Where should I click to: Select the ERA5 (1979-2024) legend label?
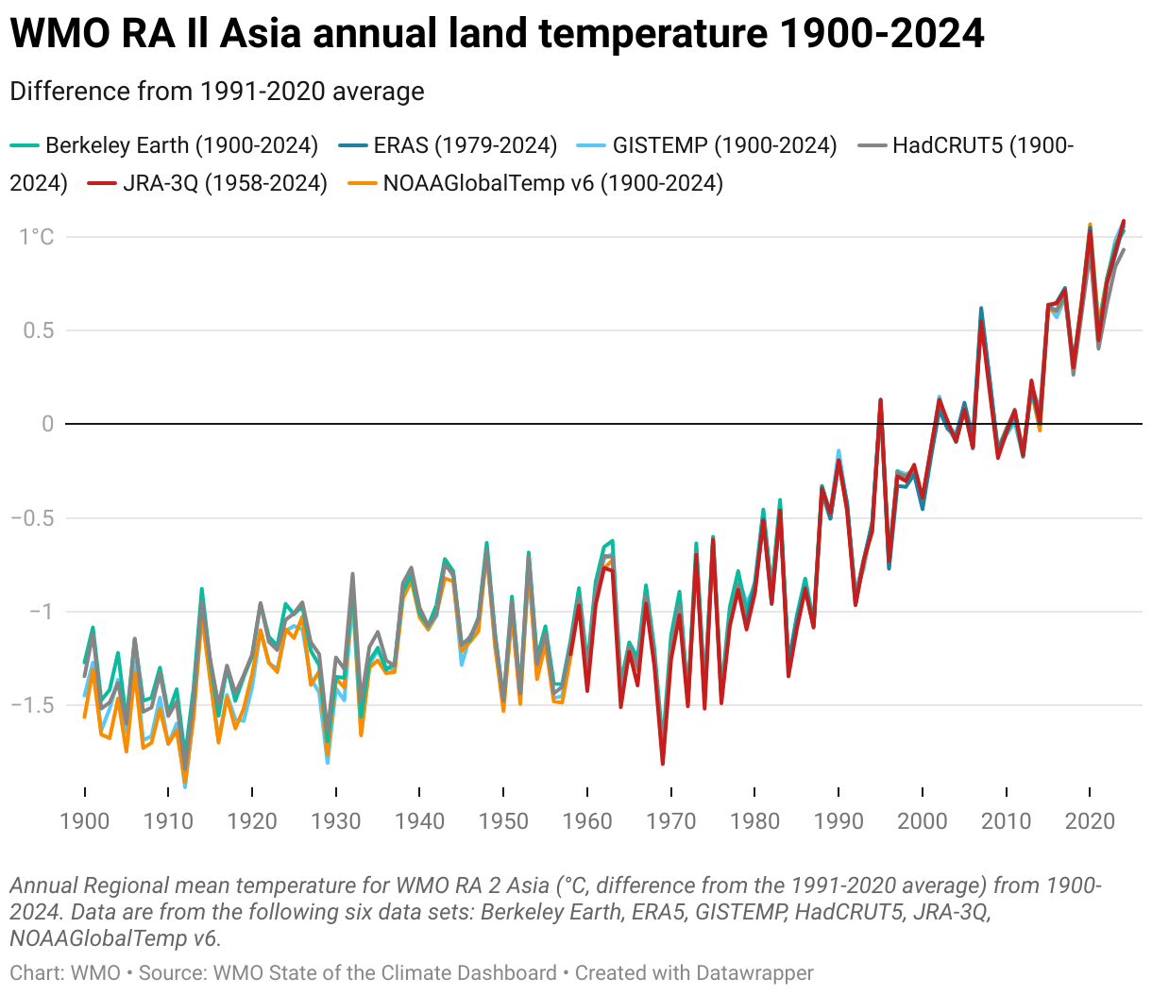pyautogui.click(x=465, y=145)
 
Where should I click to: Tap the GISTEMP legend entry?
pyautogui.click(x=724, y=145)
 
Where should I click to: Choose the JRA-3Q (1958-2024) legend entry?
pyautogui.click(x=225, y=183)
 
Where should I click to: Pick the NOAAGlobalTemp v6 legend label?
pyautogui.click(x=552, y=183)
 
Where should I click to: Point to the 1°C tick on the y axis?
pyautogui.click(x=37, y=237)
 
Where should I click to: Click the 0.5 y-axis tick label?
pyautogui.click(x=39, y=330)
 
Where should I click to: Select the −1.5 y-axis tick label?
pyautogui.click(x=32, y=705)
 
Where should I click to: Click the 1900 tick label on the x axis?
pyautogui.click(x=85, y=820)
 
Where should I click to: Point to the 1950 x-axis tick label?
pyautogui.click(x=503, y=820)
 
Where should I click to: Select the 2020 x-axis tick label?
pyautogui.click(x=1090, y=820)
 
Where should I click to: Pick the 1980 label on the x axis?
pyautogui.click(x=754, y=820)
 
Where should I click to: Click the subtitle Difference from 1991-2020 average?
pyautogui.click(x=217, y=92)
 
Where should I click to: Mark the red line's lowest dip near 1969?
pyautogui.click(x=663, y=763)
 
